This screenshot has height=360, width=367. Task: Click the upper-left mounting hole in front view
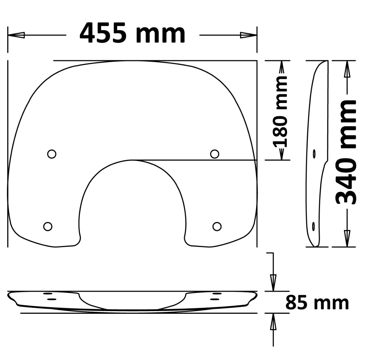[x=52, y=154]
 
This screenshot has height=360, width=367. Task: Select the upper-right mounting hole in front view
[x=214, y=154]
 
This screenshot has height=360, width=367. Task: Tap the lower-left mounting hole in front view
[x=48, y=226]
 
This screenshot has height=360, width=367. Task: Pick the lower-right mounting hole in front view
[x=217, y=226]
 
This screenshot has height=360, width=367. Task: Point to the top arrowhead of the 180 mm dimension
[x=282, y=68]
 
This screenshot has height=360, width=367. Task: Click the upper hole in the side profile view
[x=314, y=154]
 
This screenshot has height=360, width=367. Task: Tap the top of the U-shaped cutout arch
[x=132, y=160]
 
